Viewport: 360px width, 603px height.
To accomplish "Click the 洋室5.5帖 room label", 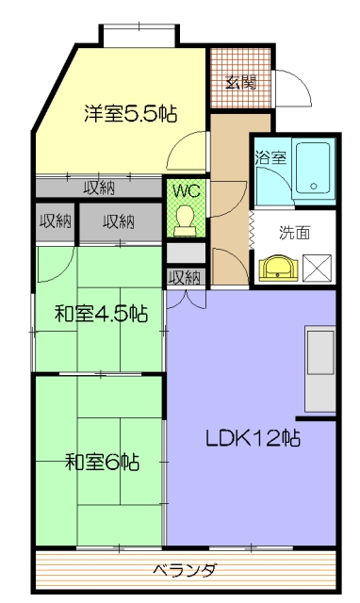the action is (131, 113).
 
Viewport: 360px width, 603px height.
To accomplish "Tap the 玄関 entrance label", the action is (241, 82).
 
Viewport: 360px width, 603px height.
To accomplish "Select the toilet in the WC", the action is (185, 220).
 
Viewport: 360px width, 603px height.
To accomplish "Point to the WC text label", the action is (187, 190).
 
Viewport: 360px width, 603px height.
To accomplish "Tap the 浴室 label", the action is (270, 157).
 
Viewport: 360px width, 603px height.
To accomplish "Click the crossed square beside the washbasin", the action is (317, 268).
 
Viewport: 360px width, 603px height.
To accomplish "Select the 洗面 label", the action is (294, 233).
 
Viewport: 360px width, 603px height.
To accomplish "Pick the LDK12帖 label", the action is (253, 437).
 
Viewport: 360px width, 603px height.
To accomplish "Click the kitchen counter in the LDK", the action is (320, 369).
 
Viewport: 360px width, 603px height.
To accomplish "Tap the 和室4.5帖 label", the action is (101, 314).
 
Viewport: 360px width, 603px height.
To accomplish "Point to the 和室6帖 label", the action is (102, 462).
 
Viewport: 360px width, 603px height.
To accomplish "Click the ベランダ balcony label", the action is (185, 570).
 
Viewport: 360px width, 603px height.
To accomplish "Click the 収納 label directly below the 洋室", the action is (99, 188).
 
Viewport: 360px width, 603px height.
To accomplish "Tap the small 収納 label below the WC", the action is (186, 278).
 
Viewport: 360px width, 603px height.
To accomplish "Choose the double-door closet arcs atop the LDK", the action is (187, 301).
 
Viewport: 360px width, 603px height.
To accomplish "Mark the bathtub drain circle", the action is (314, 187).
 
